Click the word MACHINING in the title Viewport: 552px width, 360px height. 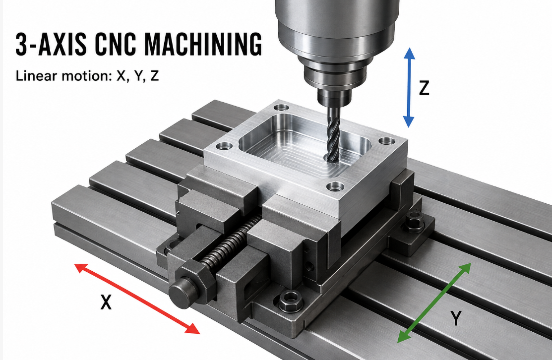(203, 44)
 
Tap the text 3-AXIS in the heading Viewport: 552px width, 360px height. (51, 44)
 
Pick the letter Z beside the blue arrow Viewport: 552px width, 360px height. (424, 88)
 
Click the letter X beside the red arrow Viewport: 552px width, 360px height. (106, 302)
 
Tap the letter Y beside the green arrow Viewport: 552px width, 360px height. (456, 318)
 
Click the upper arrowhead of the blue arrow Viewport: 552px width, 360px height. (409, 54)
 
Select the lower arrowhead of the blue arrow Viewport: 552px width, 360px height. (408, 121)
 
